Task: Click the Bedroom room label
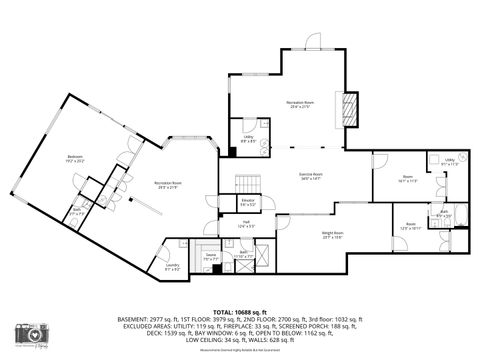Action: tap(75, 158)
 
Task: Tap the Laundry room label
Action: tap(172, 265)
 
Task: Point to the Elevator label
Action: tap(247, 202)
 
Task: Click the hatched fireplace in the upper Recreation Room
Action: tap(350, 107)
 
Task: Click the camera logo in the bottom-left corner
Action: tap(31, 334)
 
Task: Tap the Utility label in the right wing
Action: tap(450, 161)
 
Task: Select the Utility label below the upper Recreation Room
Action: tap(248, 139)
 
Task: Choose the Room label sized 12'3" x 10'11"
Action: tap(411, 225)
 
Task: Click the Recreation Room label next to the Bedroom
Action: tap(168, 184)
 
